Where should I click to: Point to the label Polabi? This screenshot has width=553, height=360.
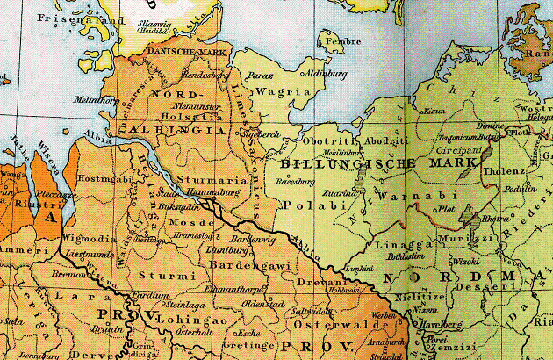(x=302, y=204)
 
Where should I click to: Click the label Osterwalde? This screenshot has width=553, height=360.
(x=327, y=324)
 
